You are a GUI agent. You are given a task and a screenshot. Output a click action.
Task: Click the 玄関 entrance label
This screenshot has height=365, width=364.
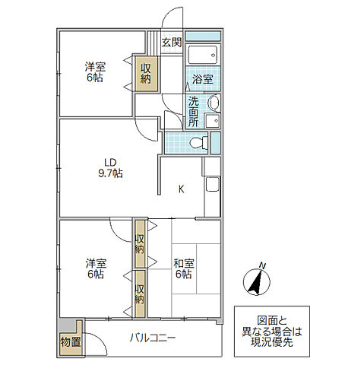[x=171, y=43]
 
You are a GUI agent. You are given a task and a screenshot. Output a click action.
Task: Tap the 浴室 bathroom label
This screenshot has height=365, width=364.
[x=201, y=78]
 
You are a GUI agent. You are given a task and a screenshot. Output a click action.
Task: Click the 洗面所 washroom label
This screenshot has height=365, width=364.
[x=193, y=111]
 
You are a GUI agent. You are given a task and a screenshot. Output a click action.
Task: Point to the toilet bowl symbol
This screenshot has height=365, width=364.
[x=198, y=141]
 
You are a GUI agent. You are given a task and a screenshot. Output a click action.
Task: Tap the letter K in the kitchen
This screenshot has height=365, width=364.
[x=181, y=189]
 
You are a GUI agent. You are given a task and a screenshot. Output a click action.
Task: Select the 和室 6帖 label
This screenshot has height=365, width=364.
[x=183, y=268]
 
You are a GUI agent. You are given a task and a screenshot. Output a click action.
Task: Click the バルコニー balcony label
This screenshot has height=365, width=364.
[x=152, y=338]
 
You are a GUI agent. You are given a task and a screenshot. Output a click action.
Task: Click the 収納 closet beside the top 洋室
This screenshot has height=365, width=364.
[x=146, y=72]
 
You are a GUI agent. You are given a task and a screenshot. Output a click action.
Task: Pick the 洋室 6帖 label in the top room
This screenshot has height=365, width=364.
[x=95, y=71]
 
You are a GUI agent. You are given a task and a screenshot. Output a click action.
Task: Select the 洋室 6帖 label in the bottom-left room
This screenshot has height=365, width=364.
[x=95, y=268]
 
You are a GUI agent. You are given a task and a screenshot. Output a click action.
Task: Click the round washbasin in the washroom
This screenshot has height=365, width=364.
[x=214, y=103]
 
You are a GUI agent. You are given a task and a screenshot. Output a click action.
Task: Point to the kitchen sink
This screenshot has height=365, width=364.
[x=211, y=184]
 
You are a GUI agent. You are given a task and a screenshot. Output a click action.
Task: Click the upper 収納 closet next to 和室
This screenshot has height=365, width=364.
[x=140, y=243]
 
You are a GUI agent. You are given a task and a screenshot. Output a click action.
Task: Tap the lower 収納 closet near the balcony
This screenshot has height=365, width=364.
[x=140, y=294]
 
